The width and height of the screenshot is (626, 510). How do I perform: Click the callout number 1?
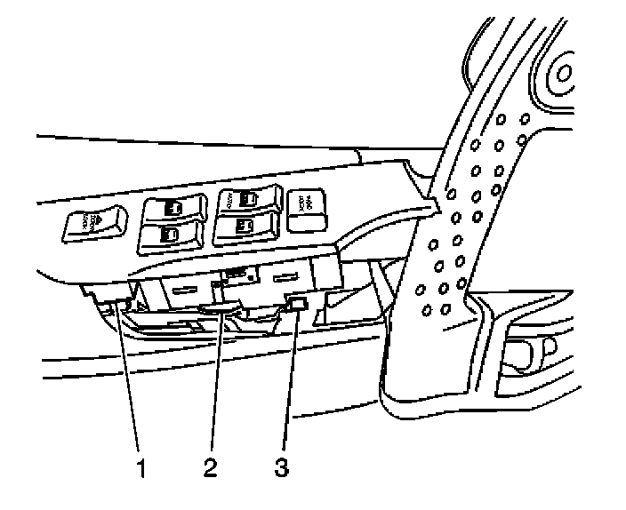click(140, 466)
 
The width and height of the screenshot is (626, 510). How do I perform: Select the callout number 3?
click(281, 465)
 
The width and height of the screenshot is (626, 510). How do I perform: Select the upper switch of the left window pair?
click(172, 211)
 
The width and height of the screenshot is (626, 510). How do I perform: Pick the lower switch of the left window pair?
click(171, 235)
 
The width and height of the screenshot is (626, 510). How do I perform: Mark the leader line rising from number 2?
click(216, 382)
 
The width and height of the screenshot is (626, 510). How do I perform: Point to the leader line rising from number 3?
click(287, 382)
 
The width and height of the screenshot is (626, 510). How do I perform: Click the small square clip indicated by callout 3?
click(299, 305)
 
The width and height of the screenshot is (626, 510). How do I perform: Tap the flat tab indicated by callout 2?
click(219, 307)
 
